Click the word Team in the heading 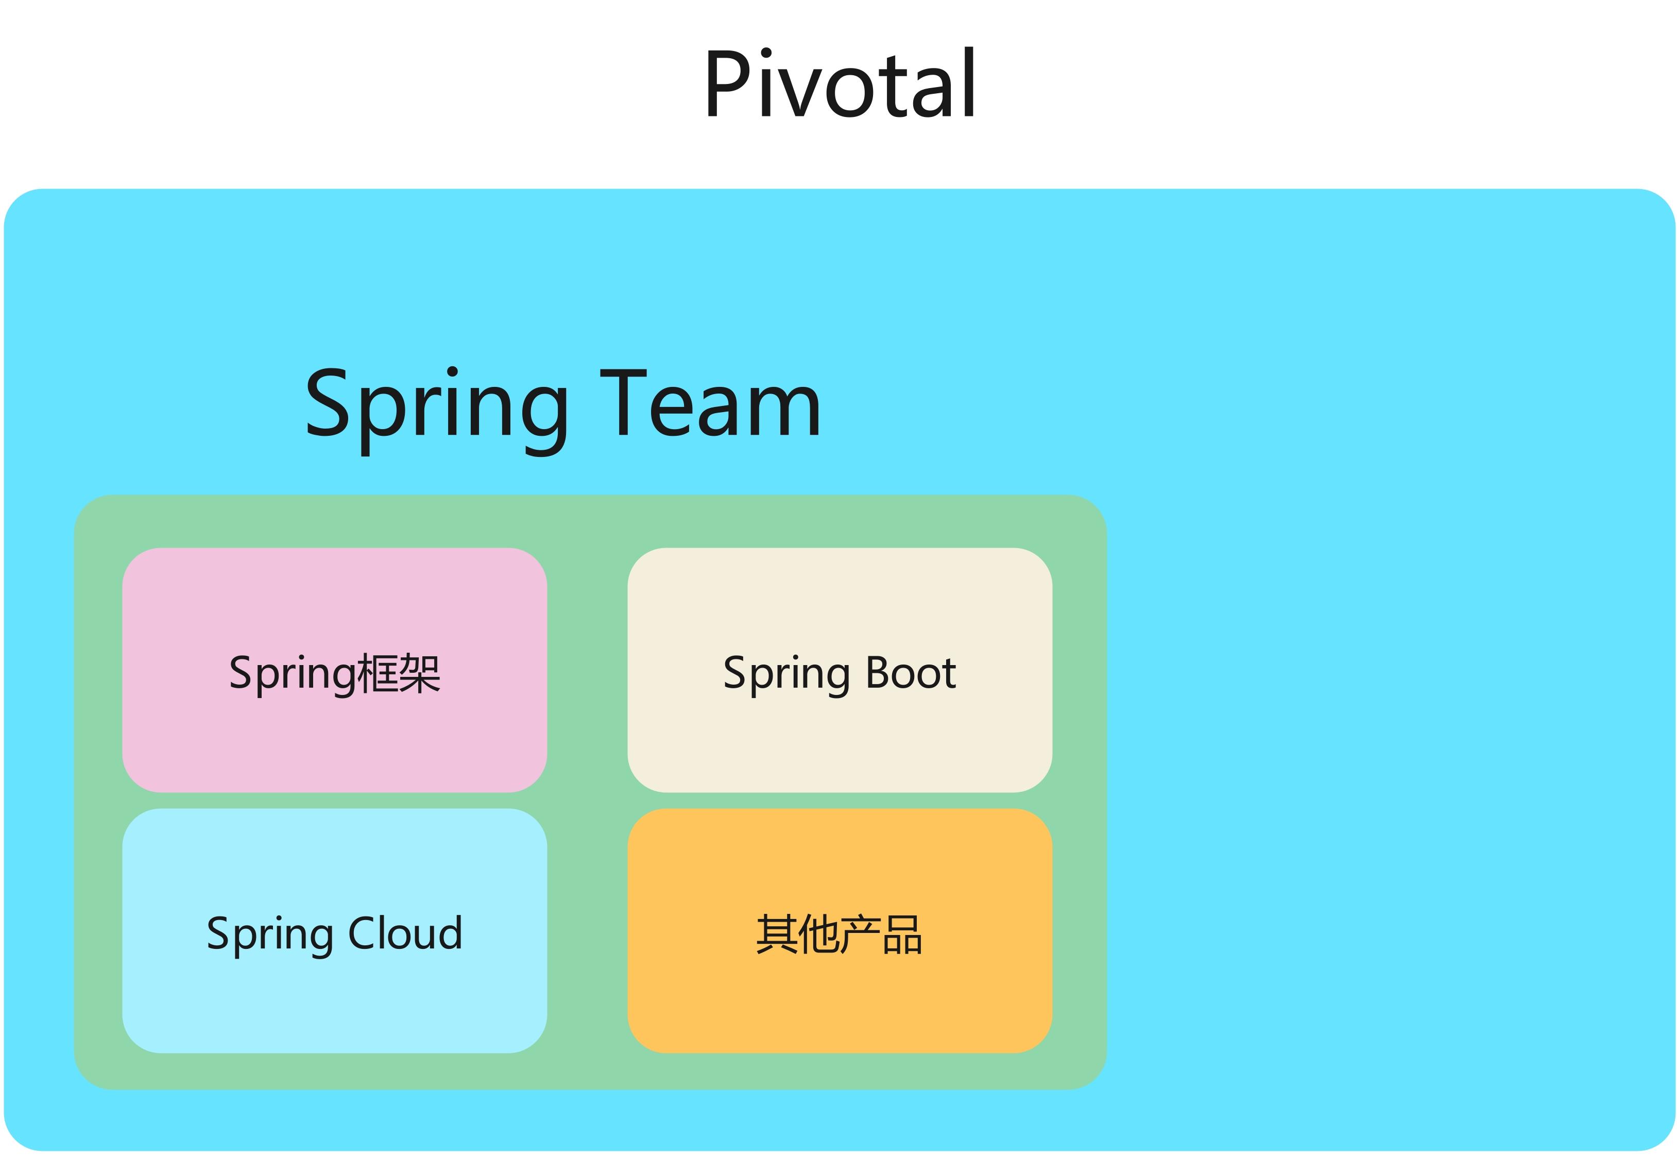point(710,403)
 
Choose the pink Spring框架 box point(335,670)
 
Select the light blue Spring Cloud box point(335,931)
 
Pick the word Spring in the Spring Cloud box point(270,937)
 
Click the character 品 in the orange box point(902,934)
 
